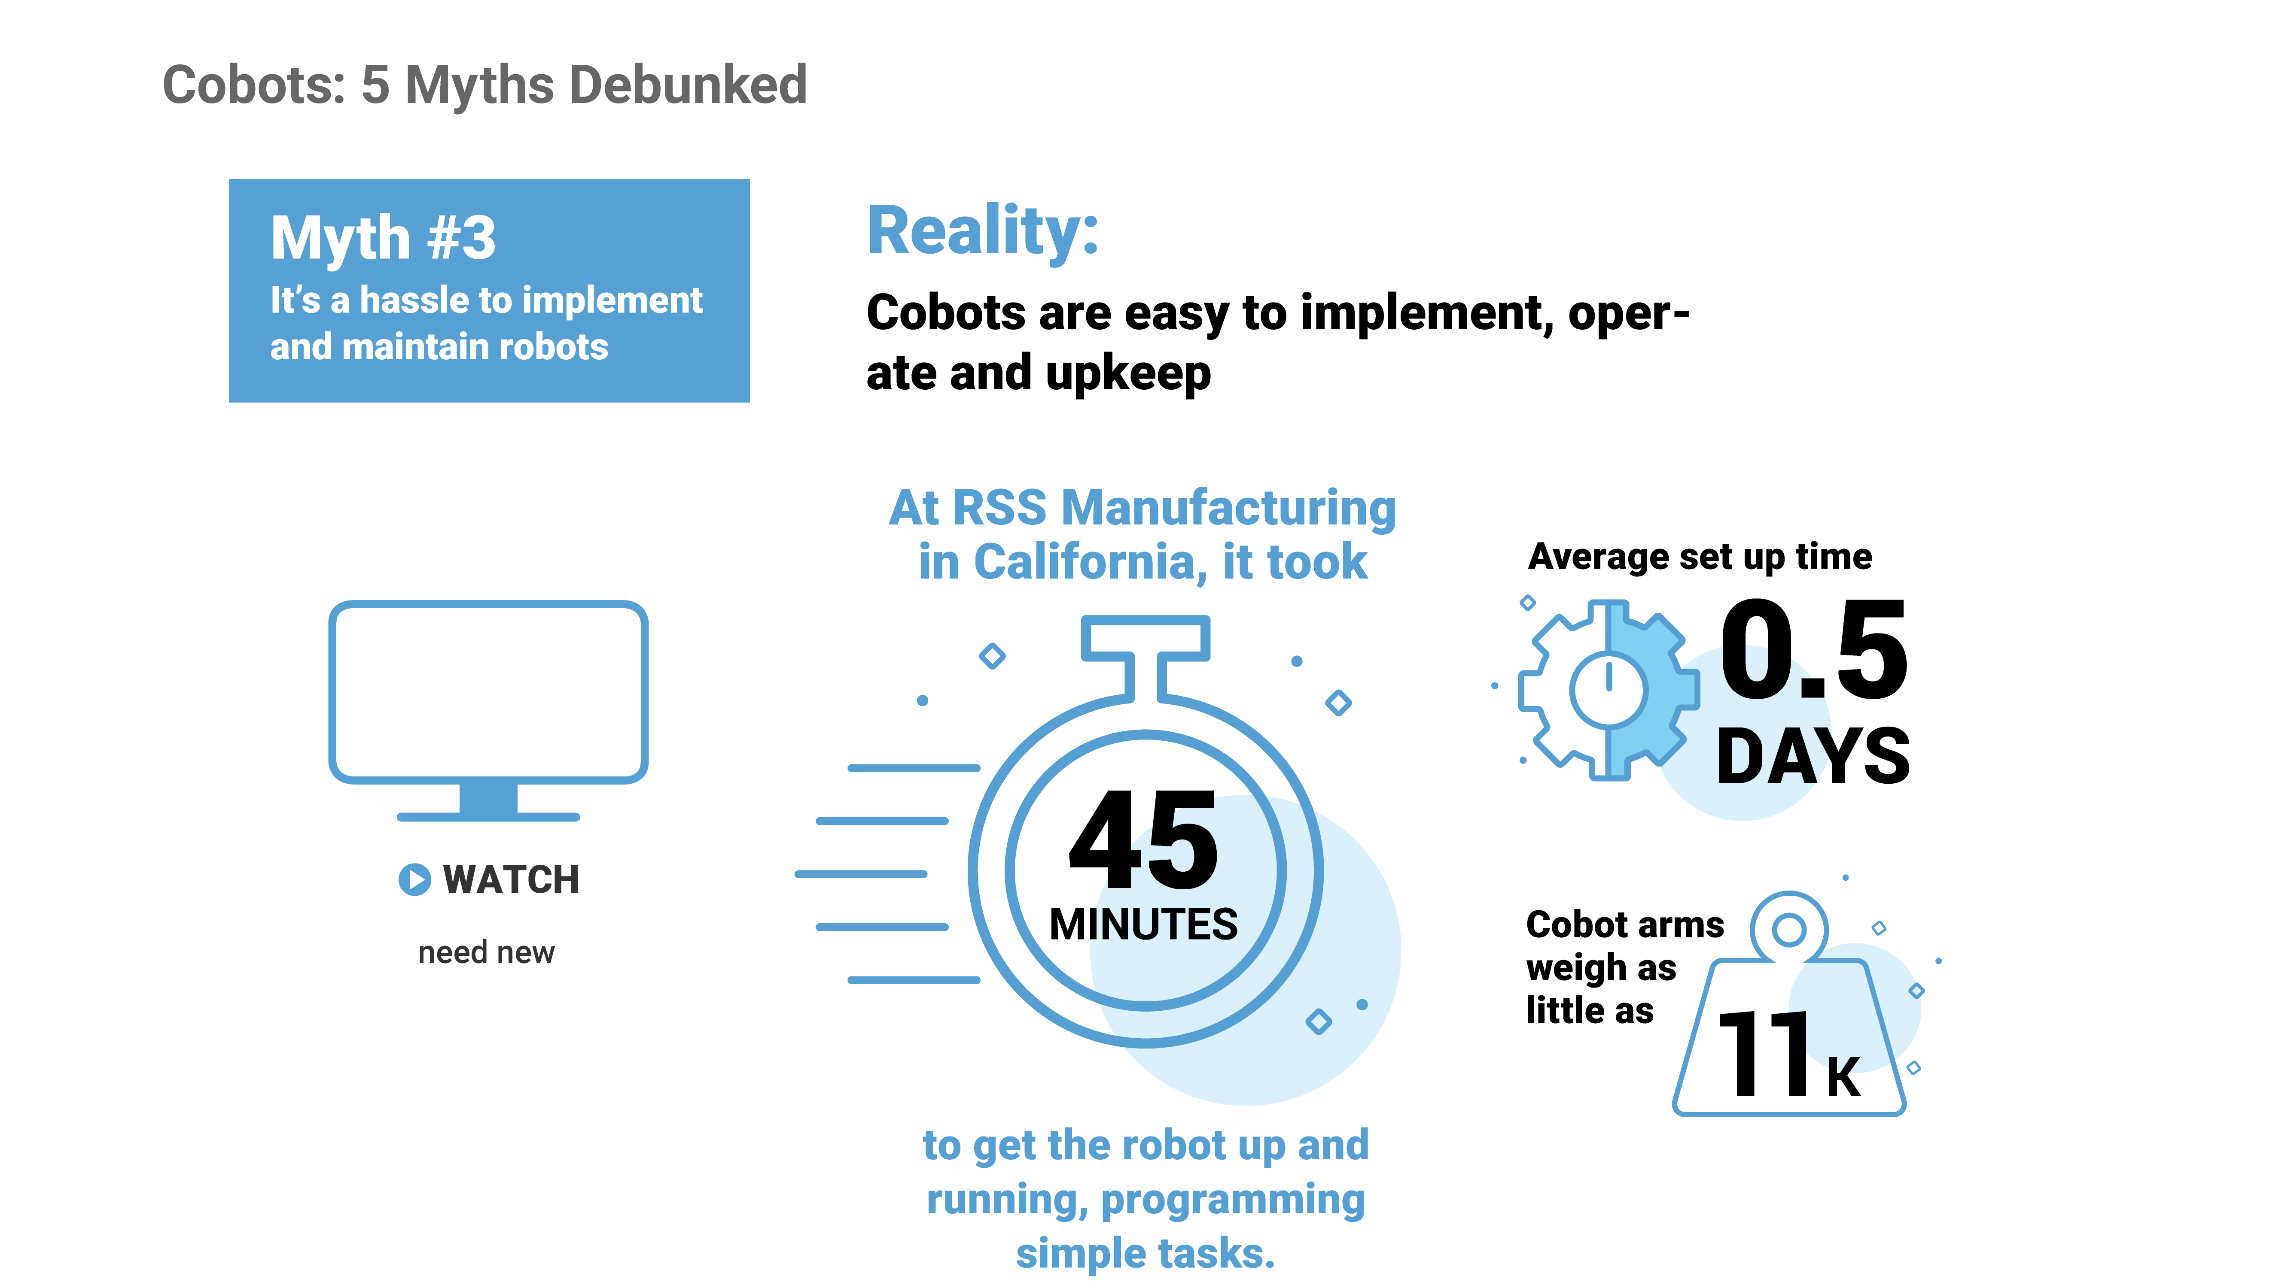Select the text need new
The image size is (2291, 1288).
[x=487, y=952]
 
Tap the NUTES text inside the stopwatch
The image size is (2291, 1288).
[x=1167, y=924]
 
